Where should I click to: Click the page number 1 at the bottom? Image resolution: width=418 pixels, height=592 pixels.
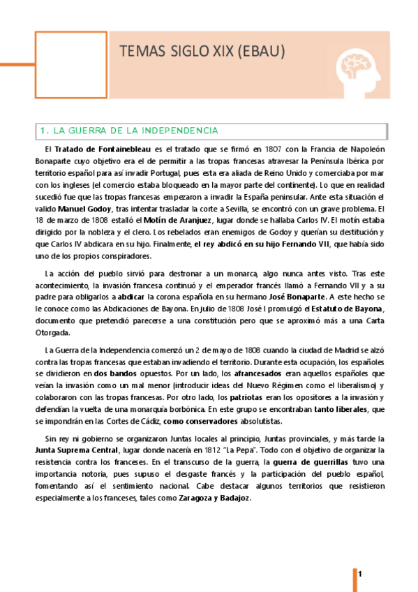[x=360, y=574]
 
